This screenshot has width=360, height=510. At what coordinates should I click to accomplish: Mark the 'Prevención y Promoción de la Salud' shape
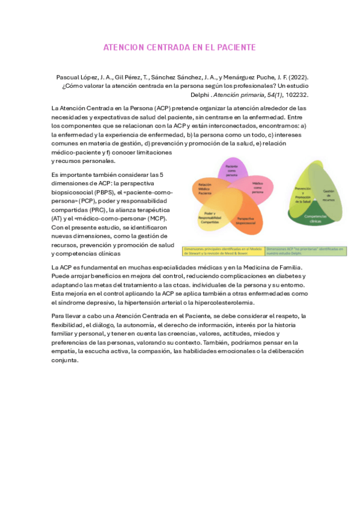[x=302, y=195]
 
